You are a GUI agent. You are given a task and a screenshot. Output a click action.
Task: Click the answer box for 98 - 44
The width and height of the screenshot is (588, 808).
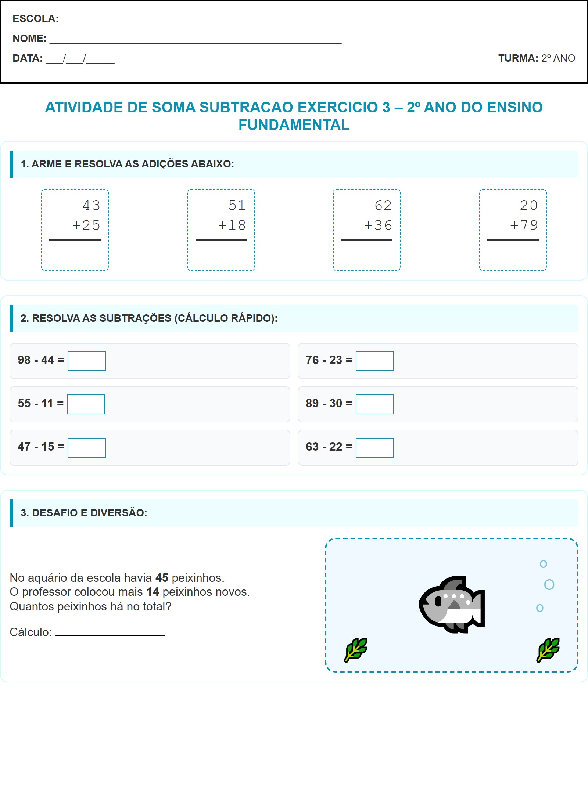[87, 361]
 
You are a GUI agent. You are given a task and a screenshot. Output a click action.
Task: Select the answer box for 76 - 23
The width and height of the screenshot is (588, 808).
[374, 361]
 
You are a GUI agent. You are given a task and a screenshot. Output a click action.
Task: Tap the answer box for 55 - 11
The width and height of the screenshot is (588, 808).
[86, 404]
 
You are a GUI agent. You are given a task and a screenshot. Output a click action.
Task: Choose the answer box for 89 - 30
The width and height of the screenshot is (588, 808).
[374, 404]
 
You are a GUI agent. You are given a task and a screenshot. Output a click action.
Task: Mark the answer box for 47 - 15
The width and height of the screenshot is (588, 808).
[87, 448]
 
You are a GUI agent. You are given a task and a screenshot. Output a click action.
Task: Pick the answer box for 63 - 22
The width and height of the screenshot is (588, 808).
[374, 448]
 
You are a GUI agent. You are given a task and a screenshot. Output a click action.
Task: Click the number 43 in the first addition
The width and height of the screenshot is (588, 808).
[92, 205]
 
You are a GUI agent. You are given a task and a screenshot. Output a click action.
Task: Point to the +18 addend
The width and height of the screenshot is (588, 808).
[232, 225]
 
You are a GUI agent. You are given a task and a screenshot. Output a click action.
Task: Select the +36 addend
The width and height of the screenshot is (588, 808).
[378, 225]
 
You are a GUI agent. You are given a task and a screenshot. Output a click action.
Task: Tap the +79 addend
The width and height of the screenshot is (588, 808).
[524, 225]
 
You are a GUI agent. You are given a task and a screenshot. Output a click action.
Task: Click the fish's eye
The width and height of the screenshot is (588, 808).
[438, 601]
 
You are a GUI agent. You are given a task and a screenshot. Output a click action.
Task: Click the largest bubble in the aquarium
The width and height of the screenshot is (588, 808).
[549, 584]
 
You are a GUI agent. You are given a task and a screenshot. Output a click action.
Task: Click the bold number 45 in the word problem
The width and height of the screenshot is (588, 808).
[162, 578]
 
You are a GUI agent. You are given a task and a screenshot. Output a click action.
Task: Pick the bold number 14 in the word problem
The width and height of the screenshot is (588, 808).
[153, 592]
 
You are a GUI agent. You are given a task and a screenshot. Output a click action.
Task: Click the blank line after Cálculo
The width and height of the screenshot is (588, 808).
[110, 632]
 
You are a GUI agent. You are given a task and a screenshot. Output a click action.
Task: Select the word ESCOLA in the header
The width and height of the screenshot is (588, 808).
[35, 19]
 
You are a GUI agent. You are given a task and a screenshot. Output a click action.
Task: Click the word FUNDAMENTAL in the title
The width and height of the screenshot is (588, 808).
[294, 125]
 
